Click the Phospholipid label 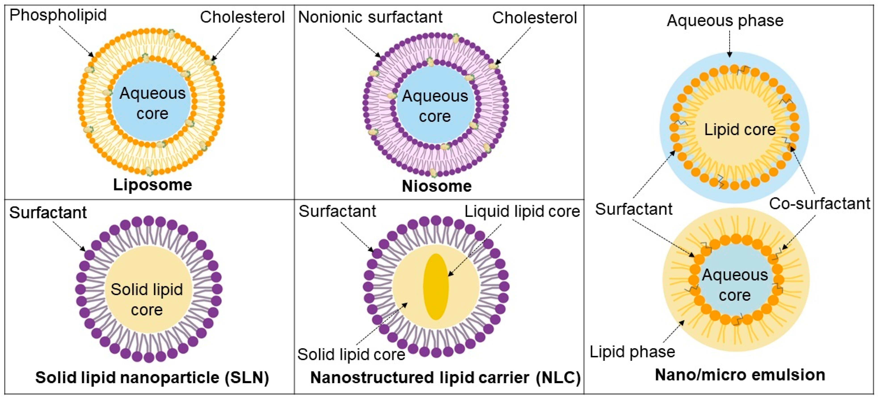click(x=58, y=16)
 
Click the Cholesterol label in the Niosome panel click(x=534, y=18)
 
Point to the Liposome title click(x=152, y=185)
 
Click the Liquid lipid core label click(x=522, y=212)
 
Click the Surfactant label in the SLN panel click(x=48, y=213)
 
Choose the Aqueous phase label click(x=725, y=21)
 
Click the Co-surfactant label click(x=820, y=204)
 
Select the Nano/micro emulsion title click(x=740, y=375)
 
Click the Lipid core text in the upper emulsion click(x=740, y=130)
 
